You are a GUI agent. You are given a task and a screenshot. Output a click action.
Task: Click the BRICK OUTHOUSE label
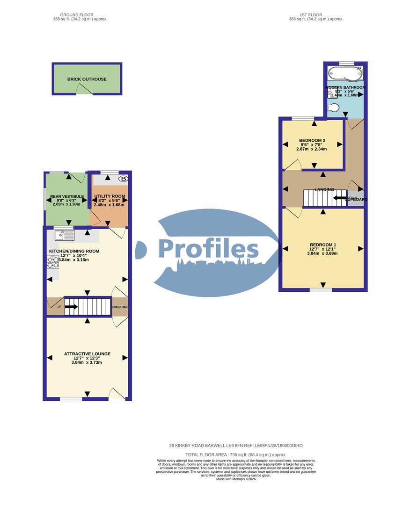(x=87, y=79)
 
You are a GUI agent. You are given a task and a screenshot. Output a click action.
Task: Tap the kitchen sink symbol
(x=64, y=235)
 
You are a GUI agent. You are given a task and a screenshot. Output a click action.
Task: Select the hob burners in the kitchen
(x=52, y=262)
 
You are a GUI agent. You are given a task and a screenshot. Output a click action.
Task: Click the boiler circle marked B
(x=124, y=179)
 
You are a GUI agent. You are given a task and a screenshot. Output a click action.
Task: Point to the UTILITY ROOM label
(x=110, y=196)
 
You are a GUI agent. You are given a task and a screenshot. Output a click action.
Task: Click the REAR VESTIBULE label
(x=67, y=196)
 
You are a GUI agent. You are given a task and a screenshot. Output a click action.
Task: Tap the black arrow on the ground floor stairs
(x=71, y=307)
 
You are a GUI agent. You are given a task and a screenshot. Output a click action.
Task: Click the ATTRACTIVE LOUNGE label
(x=87, y=354)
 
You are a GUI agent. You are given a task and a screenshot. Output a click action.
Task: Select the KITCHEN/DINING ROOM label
(x=74, y=251)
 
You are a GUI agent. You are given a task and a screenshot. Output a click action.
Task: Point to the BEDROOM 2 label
(x=312, y=140)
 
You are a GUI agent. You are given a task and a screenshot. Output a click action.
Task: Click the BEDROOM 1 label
(x=323, y=245)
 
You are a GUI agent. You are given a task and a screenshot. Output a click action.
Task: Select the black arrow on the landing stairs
(x=339, y=198)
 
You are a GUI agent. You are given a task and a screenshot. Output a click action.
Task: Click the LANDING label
(x=324, y=189)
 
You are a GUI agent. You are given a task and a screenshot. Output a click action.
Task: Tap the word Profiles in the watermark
(x=208, y=248)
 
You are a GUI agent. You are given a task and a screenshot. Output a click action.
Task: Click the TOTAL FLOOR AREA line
(x=236, y=454)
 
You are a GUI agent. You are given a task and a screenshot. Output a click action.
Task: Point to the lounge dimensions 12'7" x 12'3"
(x=87, y=358)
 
